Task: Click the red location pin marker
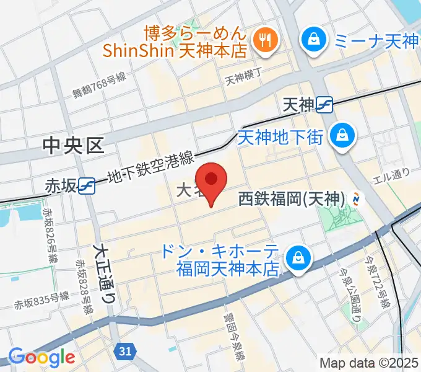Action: (x=212, y=180)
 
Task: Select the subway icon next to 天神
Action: (x=324, y=106)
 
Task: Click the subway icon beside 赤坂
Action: (x=87, y=185)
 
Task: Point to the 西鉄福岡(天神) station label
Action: (x=291, y=200)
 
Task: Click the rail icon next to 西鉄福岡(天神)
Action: (x=357, y=199)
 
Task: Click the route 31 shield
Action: (x=124, y=352)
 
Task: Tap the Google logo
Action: (x=41, y=357)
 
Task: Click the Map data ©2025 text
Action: (x=369, y=363)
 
